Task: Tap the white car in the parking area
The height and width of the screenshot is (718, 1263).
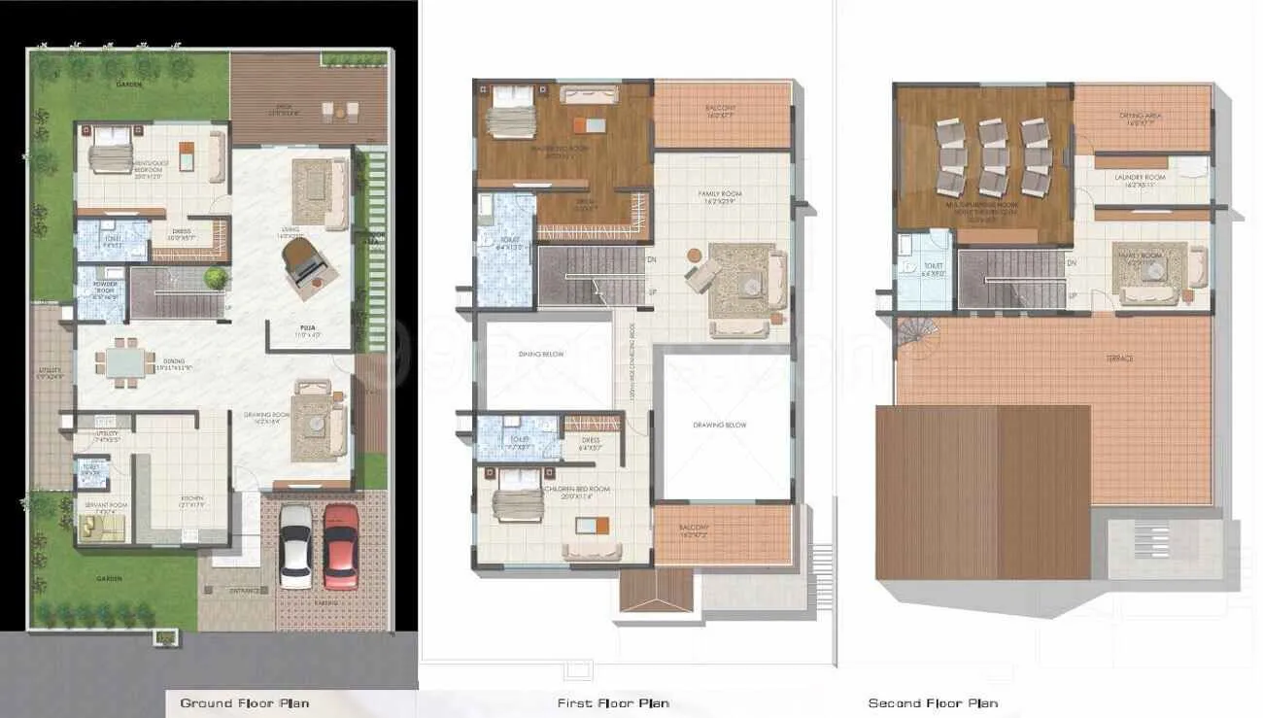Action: click(295, 545)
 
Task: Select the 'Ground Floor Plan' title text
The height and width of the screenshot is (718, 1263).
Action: click(244, 702)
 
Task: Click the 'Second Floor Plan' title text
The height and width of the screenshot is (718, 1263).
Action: click(932, 702)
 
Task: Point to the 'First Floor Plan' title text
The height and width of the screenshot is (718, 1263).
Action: click(612, 702)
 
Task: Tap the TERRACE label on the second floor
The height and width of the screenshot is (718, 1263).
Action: click(1118, 359)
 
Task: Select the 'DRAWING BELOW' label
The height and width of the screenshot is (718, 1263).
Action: click(720, 426)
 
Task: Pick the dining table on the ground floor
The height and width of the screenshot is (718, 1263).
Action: click(124, 361)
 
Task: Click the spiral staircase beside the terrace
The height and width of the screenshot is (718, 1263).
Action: click(912, 334)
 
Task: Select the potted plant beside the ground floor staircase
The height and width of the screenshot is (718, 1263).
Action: click(216, 278)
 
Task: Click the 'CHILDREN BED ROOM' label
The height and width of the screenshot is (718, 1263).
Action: click(578, 489)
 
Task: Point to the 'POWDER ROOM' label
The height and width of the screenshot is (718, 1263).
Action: click(104, 288)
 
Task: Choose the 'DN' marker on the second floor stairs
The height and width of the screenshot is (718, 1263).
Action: click(1071, 262)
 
